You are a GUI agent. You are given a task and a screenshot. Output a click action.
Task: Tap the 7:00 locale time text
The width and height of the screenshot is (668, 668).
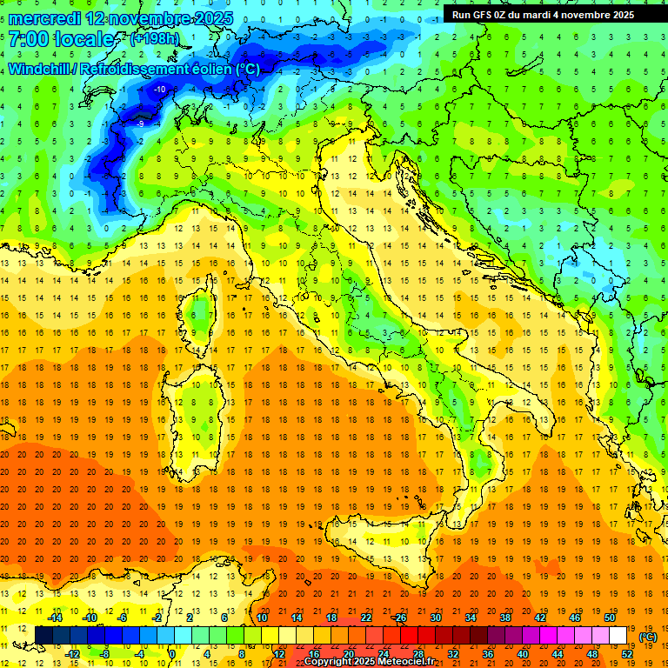pyautogui.click(x=62, y=39)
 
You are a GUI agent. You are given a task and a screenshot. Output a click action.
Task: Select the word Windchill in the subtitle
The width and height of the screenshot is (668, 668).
pyautogui.click(x=42, y=69)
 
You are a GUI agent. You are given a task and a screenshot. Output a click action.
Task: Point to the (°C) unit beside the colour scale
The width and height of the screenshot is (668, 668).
pyautogui.click(x=648, y=636)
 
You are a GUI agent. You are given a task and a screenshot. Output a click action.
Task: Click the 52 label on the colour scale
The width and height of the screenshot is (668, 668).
pyautogui.click(x=627, y=653)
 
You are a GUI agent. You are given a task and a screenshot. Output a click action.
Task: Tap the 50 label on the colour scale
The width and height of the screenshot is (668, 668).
pyautogui.click(x=610, y=618)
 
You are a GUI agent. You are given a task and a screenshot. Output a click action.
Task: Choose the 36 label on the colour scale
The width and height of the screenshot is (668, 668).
pyautogui.click(x=488, y=653)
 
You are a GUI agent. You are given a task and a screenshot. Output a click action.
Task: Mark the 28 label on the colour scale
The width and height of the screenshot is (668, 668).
pyautogui.click(x=418, y=653)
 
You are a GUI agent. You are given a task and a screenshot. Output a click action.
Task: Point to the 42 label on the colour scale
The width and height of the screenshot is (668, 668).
pyautogui.click(x=540, y=618)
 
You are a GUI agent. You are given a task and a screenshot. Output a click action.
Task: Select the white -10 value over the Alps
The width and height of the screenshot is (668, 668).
pyautogui.click(x=160, y=90)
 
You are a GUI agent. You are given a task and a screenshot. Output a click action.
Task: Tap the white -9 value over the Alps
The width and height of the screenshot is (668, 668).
pyautogui.click(x=141, y=124)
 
